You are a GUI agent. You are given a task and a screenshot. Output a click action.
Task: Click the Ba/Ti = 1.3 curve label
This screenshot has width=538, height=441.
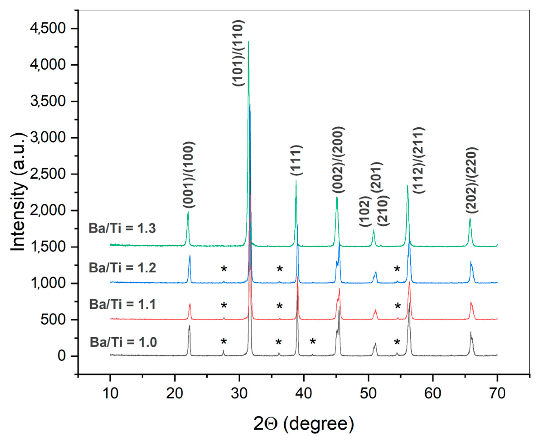coord(122,228)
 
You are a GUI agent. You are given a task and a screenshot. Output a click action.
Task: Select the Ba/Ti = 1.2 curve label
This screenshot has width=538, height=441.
coord(122,268)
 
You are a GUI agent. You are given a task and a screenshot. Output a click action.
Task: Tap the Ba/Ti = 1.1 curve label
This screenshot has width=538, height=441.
coord(122,304)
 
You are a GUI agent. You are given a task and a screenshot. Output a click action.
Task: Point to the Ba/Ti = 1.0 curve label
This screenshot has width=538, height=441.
coord(123,342)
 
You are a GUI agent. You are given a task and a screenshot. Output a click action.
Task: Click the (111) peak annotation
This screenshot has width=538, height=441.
coord(296,160)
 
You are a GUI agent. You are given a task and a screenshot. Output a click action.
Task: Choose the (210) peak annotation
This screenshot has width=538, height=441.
coord(383,211)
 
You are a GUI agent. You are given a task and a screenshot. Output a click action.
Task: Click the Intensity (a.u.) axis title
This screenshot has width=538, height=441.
coord(18,192)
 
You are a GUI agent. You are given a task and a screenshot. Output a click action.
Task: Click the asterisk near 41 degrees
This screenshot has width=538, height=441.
coord(313,342)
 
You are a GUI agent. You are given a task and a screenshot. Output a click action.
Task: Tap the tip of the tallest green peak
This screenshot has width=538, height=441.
coord(248,41)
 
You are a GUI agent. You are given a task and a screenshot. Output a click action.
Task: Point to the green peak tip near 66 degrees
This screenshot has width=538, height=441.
coord(470,218)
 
